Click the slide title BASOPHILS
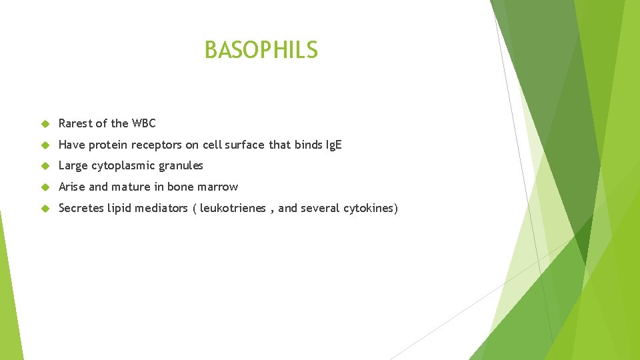coord(261,50)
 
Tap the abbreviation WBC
coord(143,123)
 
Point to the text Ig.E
coord(333,145)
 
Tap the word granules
coord(181,165)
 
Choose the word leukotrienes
coord(233,208)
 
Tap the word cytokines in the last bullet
coord(369,208)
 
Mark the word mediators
coord(161,208)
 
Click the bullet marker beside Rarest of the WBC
coord(45,123)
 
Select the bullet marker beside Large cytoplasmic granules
coord(45,166)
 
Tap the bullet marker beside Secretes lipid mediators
coord(45,209)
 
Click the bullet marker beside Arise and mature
coord(45,187)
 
